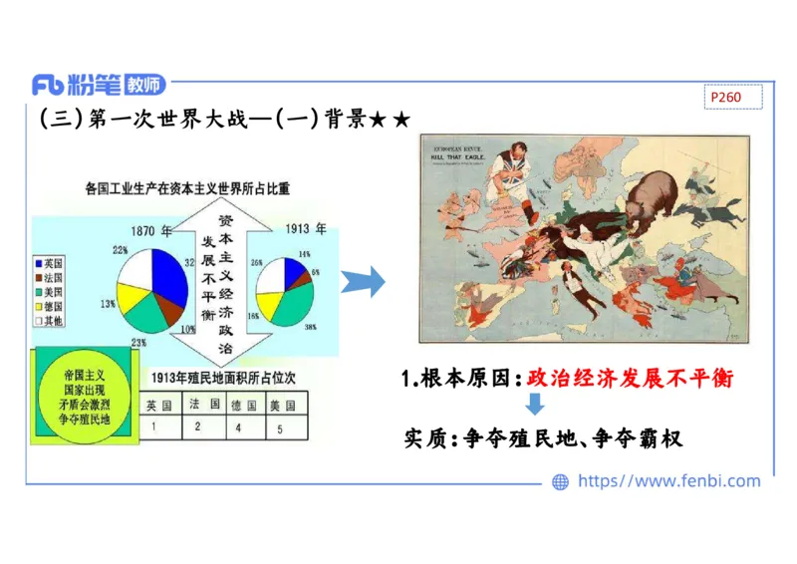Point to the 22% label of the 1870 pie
[120, 250]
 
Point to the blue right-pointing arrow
[363, 282]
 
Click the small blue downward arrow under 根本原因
[535, 405]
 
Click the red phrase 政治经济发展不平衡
[630, 379]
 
